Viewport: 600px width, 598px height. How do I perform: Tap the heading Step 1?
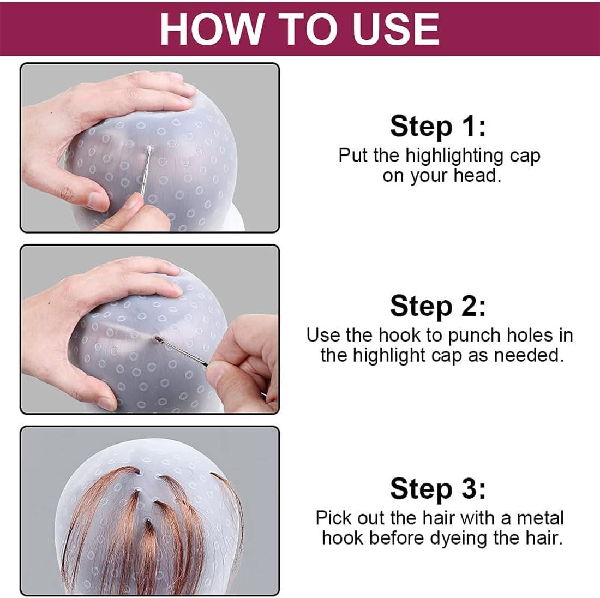coord(437,126)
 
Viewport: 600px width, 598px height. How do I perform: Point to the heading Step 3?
coord(437,488)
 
